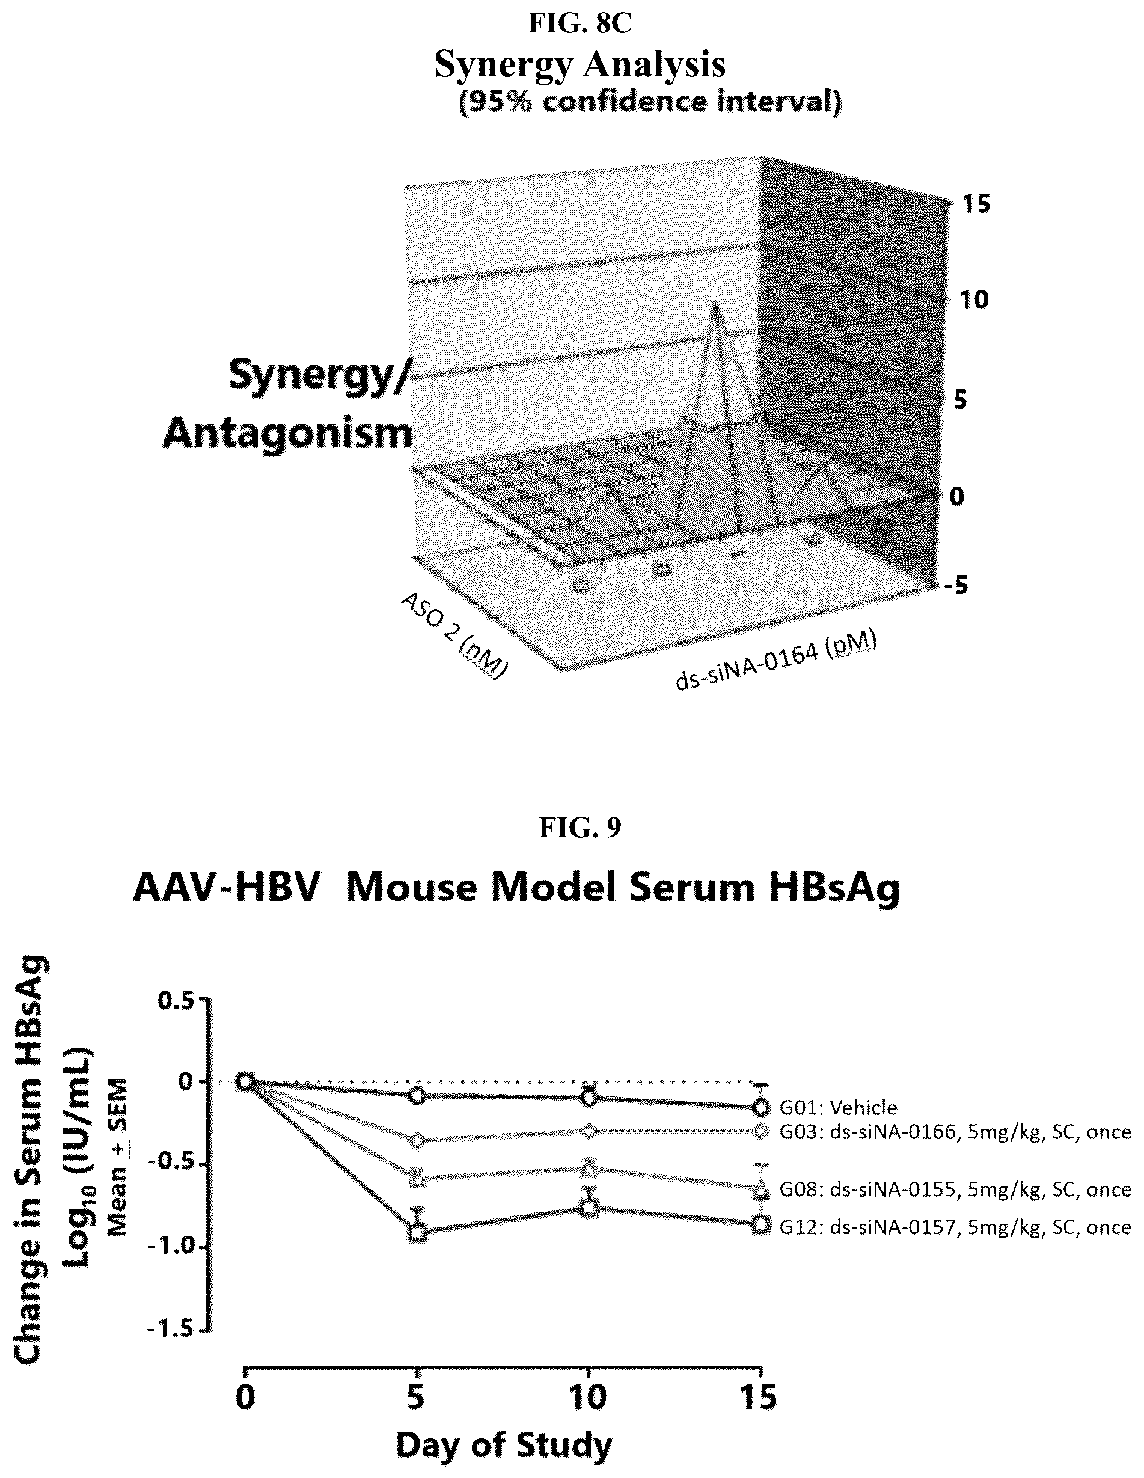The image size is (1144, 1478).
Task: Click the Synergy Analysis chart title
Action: click(x=580, y=65)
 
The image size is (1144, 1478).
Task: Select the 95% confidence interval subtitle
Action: click(x=650, y=103)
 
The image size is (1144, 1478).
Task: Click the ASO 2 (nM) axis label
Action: click(x=454, y=634)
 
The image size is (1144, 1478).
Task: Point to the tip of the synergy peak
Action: click(x=714, y=305)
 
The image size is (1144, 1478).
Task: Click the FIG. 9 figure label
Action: click(x=580, y=827)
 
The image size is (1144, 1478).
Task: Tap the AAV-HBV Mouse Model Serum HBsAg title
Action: click(x=516, y=887)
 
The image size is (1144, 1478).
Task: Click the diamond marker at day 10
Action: click(x=589, y=1131)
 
